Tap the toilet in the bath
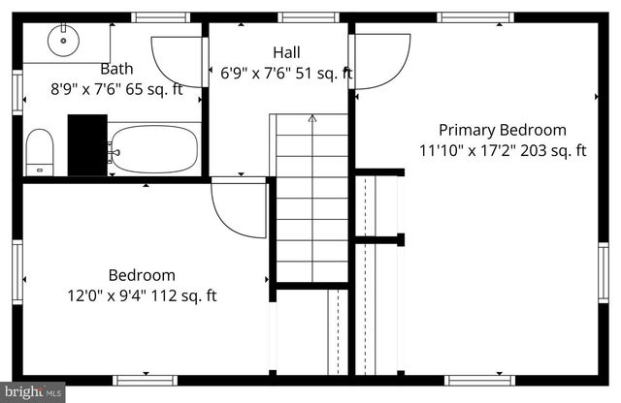[x=39, y=151]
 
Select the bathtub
[x=153, y=150]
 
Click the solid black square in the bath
[x=87, y=144]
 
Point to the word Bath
[x=116, y=69]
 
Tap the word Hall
[x=286, y=52]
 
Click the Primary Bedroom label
[x=502, y=130]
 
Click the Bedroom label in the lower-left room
[x=142, y=275]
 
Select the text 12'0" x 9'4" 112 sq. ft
[x=142, y=295]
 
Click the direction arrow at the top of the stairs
[x=312, y=118]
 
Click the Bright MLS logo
[x=32, y=392]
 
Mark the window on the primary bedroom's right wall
[x=604, y=273]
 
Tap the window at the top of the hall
[x=308, y=16]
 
